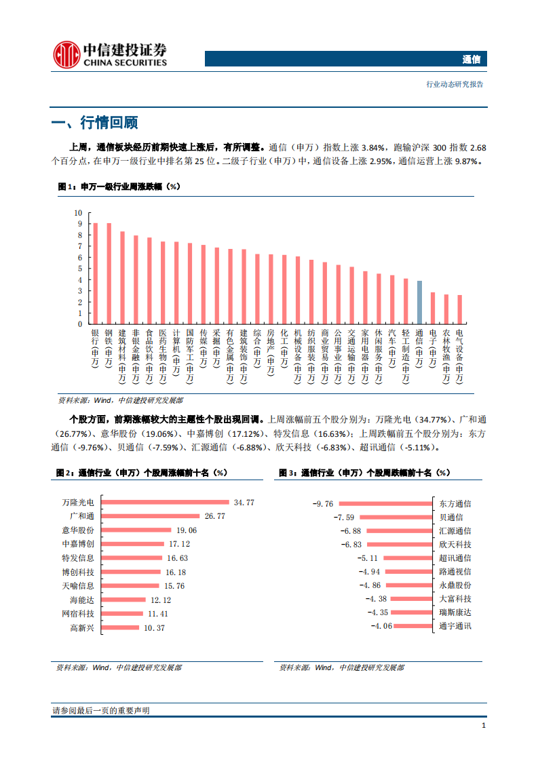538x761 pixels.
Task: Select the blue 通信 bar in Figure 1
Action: [x=419, y=302]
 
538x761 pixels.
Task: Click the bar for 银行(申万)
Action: [x=95, y=273]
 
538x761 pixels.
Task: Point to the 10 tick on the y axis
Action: [x=78, y=213]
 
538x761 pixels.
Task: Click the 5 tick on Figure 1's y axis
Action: [x=79, y=269]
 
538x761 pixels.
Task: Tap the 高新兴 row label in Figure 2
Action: [x=82, y=628]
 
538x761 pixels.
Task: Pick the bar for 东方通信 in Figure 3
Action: [x=385, y=503]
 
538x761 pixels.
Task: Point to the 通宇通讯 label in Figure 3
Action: [x=455, y=625]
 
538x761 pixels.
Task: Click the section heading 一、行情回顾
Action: [x=94, y=123]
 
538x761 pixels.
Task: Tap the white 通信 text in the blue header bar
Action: [x=471, y=60]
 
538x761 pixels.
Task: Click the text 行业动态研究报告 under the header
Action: [x=455, y=85]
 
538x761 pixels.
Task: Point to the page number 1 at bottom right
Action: [x=483, y=726]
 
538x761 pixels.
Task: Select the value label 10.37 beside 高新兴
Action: [x=154, y=628]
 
